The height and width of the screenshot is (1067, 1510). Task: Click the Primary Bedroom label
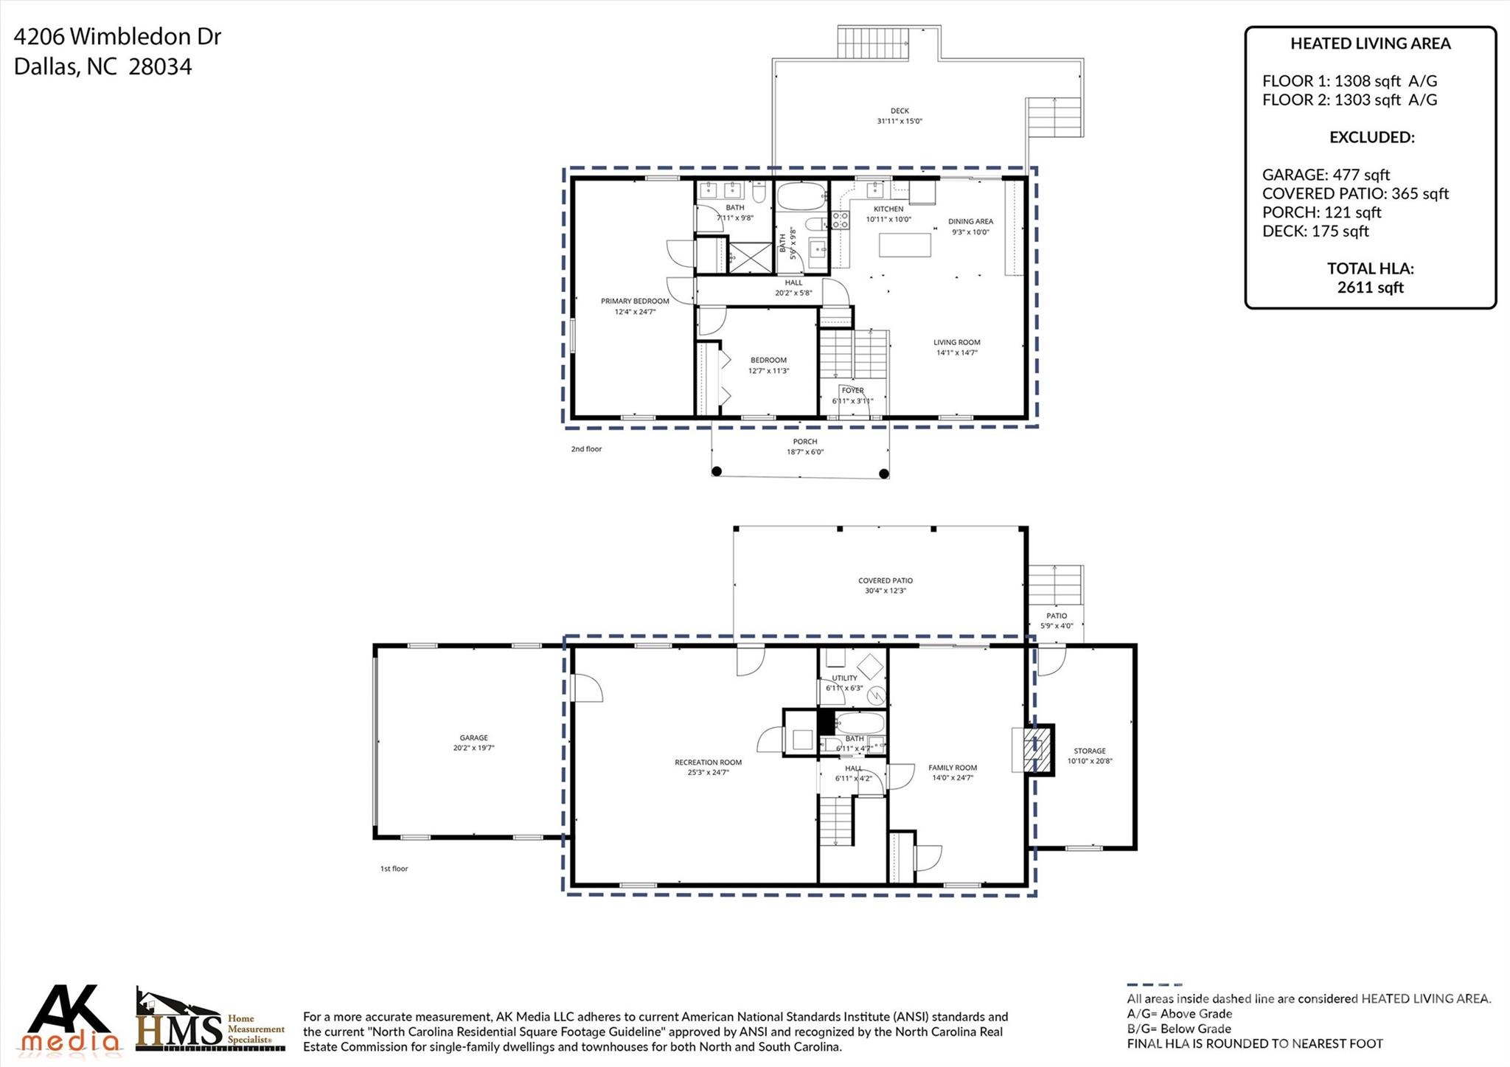click(635, 302)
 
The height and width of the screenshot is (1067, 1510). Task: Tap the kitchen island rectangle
click(905, 245)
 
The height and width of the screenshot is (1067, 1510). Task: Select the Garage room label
click(473, 737)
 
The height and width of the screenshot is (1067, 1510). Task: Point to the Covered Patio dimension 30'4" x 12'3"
click(886, 591)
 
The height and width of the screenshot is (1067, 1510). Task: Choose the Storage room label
click(1089, 751)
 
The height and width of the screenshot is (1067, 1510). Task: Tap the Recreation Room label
click(708, 762)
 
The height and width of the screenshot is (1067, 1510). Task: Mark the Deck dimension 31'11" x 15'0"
click(900, 122)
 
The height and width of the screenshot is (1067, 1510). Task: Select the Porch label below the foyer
click(804, 442)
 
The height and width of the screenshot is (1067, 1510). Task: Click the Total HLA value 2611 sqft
click(1370, 288)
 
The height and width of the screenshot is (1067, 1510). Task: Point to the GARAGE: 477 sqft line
click(1326, 175)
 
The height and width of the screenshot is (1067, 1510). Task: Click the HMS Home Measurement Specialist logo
click(210, 1021)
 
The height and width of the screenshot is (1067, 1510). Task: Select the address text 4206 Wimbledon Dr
click(117, 36)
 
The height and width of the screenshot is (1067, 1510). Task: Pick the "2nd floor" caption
click(586, 449)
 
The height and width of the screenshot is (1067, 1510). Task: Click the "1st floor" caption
click(394, 869)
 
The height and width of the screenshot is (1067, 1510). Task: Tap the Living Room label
click(956, 342)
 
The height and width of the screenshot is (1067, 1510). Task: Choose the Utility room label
click(844, 678)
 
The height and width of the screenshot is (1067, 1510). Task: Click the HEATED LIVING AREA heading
click(1370, 44)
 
